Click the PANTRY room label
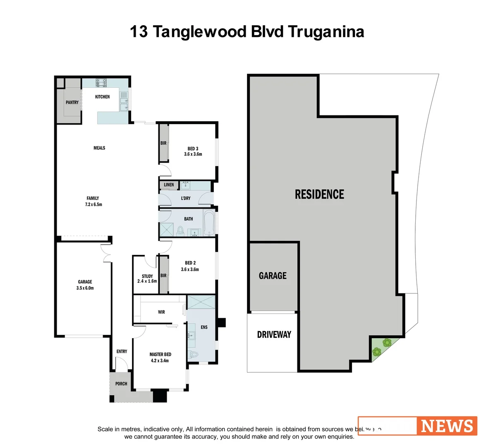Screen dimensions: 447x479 [72, 102]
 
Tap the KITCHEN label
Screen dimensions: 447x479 [102, 97]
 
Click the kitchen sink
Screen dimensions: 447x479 [124, 101]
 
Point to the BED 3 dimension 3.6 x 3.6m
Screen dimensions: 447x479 [193, 154]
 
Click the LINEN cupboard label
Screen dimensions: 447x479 [169, 185]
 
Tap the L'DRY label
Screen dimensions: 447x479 [186, 198]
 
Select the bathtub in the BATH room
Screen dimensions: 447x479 [209, 223]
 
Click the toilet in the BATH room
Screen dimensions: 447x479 [180, 230]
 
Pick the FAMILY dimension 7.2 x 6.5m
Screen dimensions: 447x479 [93, 204]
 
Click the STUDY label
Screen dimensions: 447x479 [147, 276]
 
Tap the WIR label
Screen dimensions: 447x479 [161, 312]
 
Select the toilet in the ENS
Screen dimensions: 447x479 [194, 354]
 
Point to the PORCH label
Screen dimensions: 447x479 [121, 384]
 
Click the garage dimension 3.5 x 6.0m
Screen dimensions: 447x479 [85, 288]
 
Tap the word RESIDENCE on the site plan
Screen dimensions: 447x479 [319, 194]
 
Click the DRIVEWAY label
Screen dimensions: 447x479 [274, 334]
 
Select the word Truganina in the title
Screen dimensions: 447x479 [326, 31]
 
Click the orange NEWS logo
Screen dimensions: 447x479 [447, 426]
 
